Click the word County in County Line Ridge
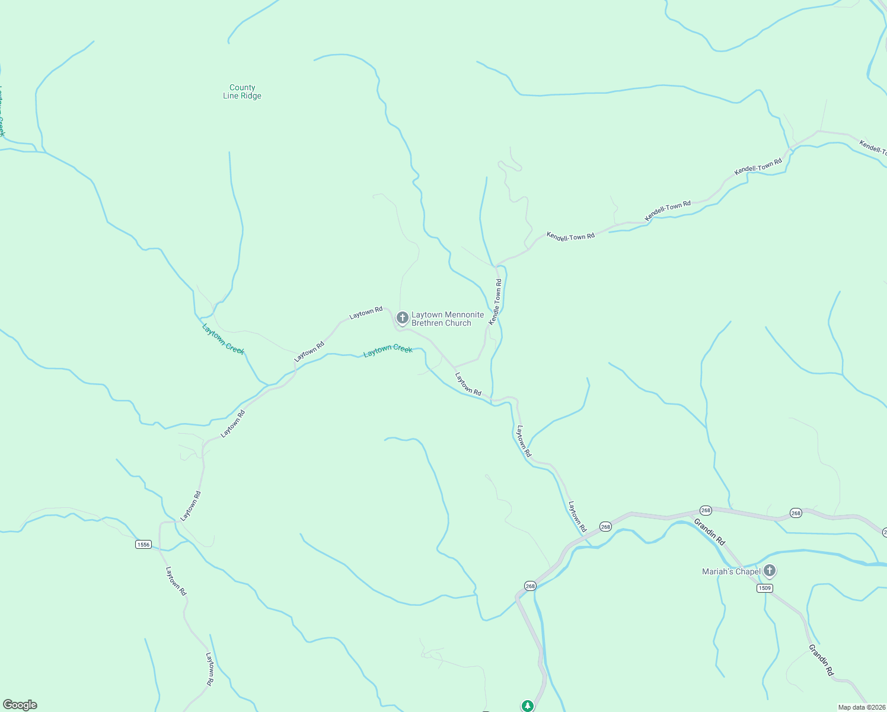(x=243, y=87)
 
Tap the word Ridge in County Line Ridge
(x=251, y=96)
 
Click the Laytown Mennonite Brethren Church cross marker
(x=403, y=318)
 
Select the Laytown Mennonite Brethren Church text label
(x=448, y=319)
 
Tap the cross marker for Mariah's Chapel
(x=770, y=571)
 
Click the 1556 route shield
(x=143, y=544)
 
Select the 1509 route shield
(x=765, y=588)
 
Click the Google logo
(x=20, y=705)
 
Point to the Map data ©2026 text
(x=861, y=707)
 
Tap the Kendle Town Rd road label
(x=496, y=301)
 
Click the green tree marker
(x=527, y=705)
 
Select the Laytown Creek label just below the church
(x=388, y=351)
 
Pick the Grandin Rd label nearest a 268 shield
(x=710, y=532)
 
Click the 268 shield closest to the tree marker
(x=530, y=586)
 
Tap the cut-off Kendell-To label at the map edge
(x=873, y=147)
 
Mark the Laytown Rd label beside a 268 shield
(x=577, y=516)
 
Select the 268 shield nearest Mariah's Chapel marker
(x=796, y=513)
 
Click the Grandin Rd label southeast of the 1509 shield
(x=822, y=660)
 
